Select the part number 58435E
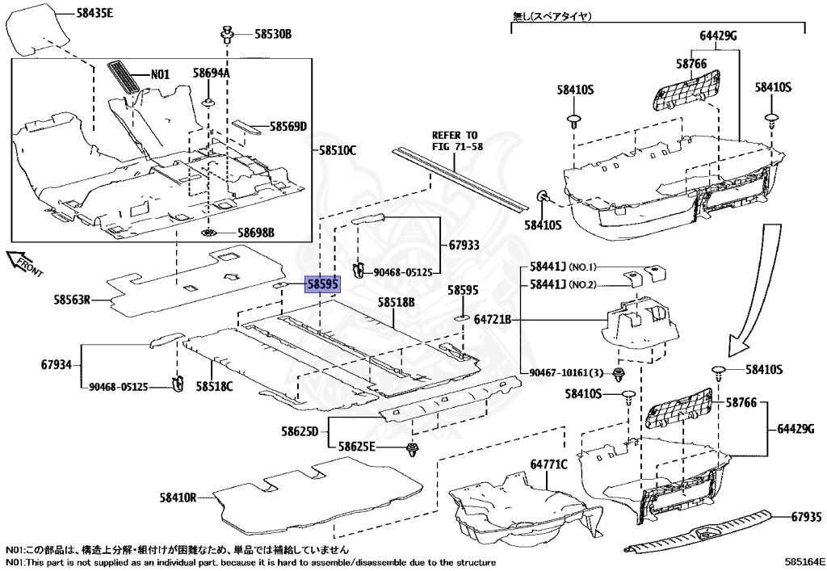[94, 14]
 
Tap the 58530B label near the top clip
[272, 34]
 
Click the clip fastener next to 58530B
[228, 35]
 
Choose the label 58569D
[288, 127]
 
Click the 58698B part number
[255, 233]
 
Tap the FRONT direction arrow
[24, 265]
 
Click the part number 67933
[464, 244]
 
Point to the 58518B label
[396, 302]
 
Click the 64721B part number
[493, 320]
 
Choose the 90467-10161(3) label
[566, 372]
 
